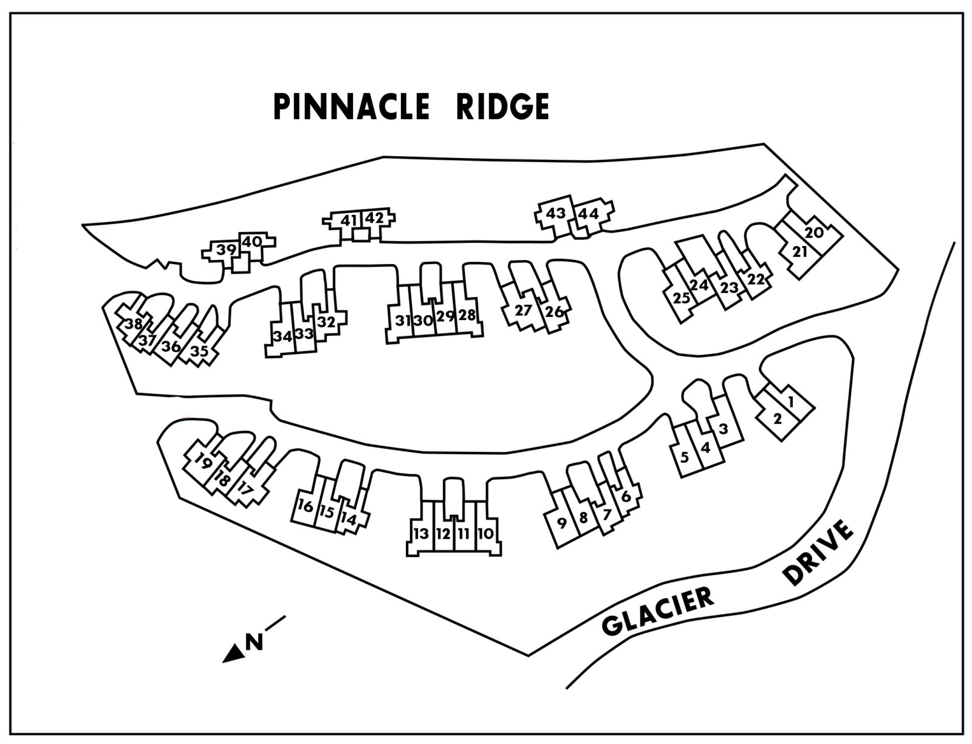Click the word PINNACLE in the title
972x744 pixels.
[x=351, y=108]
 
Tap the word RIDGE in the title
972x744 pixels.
[x=502, y=108]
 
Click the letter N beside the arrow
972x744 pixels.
[x=254, y=642]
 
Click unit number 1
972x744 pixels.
[x=790, y=401]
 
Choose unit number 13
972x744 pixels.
[x=421, y=534]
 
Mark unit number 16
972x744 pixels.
[x=306, y=505]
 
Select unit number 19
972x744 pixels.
[x=204, y=463]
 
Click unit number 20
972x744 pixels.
[x=814, y=233]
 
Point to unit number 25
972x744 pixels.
[x=682, y=298]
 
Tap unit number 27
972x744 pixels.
[x=523, y=310]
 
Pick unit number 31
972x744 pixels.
[x=402, y=321]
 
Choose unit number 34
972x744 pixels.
[x=282, y=336]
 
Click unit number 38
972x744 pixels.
[x=134, y=324]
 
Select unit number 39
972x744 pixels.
[x=226, y=250]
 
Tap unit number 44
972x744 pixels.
[x=588, y=214]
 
